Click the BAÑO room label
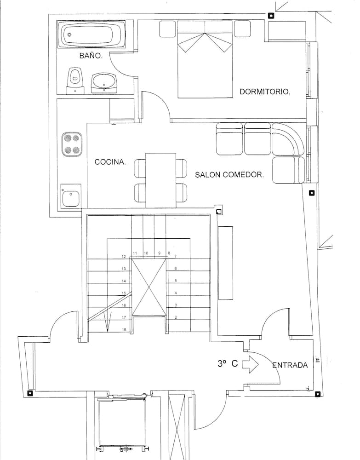(91, 56)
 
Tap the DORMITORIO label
(265, 92)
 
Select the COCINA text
(110, 162)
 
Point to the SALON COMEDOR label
(229, 175)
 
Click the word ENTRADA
(290, 365)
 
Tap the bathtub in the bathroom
(91, 35)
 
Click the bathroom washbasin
(104, 83)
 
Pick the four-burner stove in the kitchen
(72, 144)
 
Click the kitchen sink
(71, 196)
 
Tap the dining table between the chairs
(160, 180)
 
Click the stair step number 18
(124, 330)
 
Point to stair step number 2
(176, 317)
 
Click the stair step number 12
(124, 257)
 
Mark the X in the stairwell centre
(149, 287)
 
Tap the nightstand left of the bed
(167, 29)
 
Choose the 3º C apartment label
(228, 363)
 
